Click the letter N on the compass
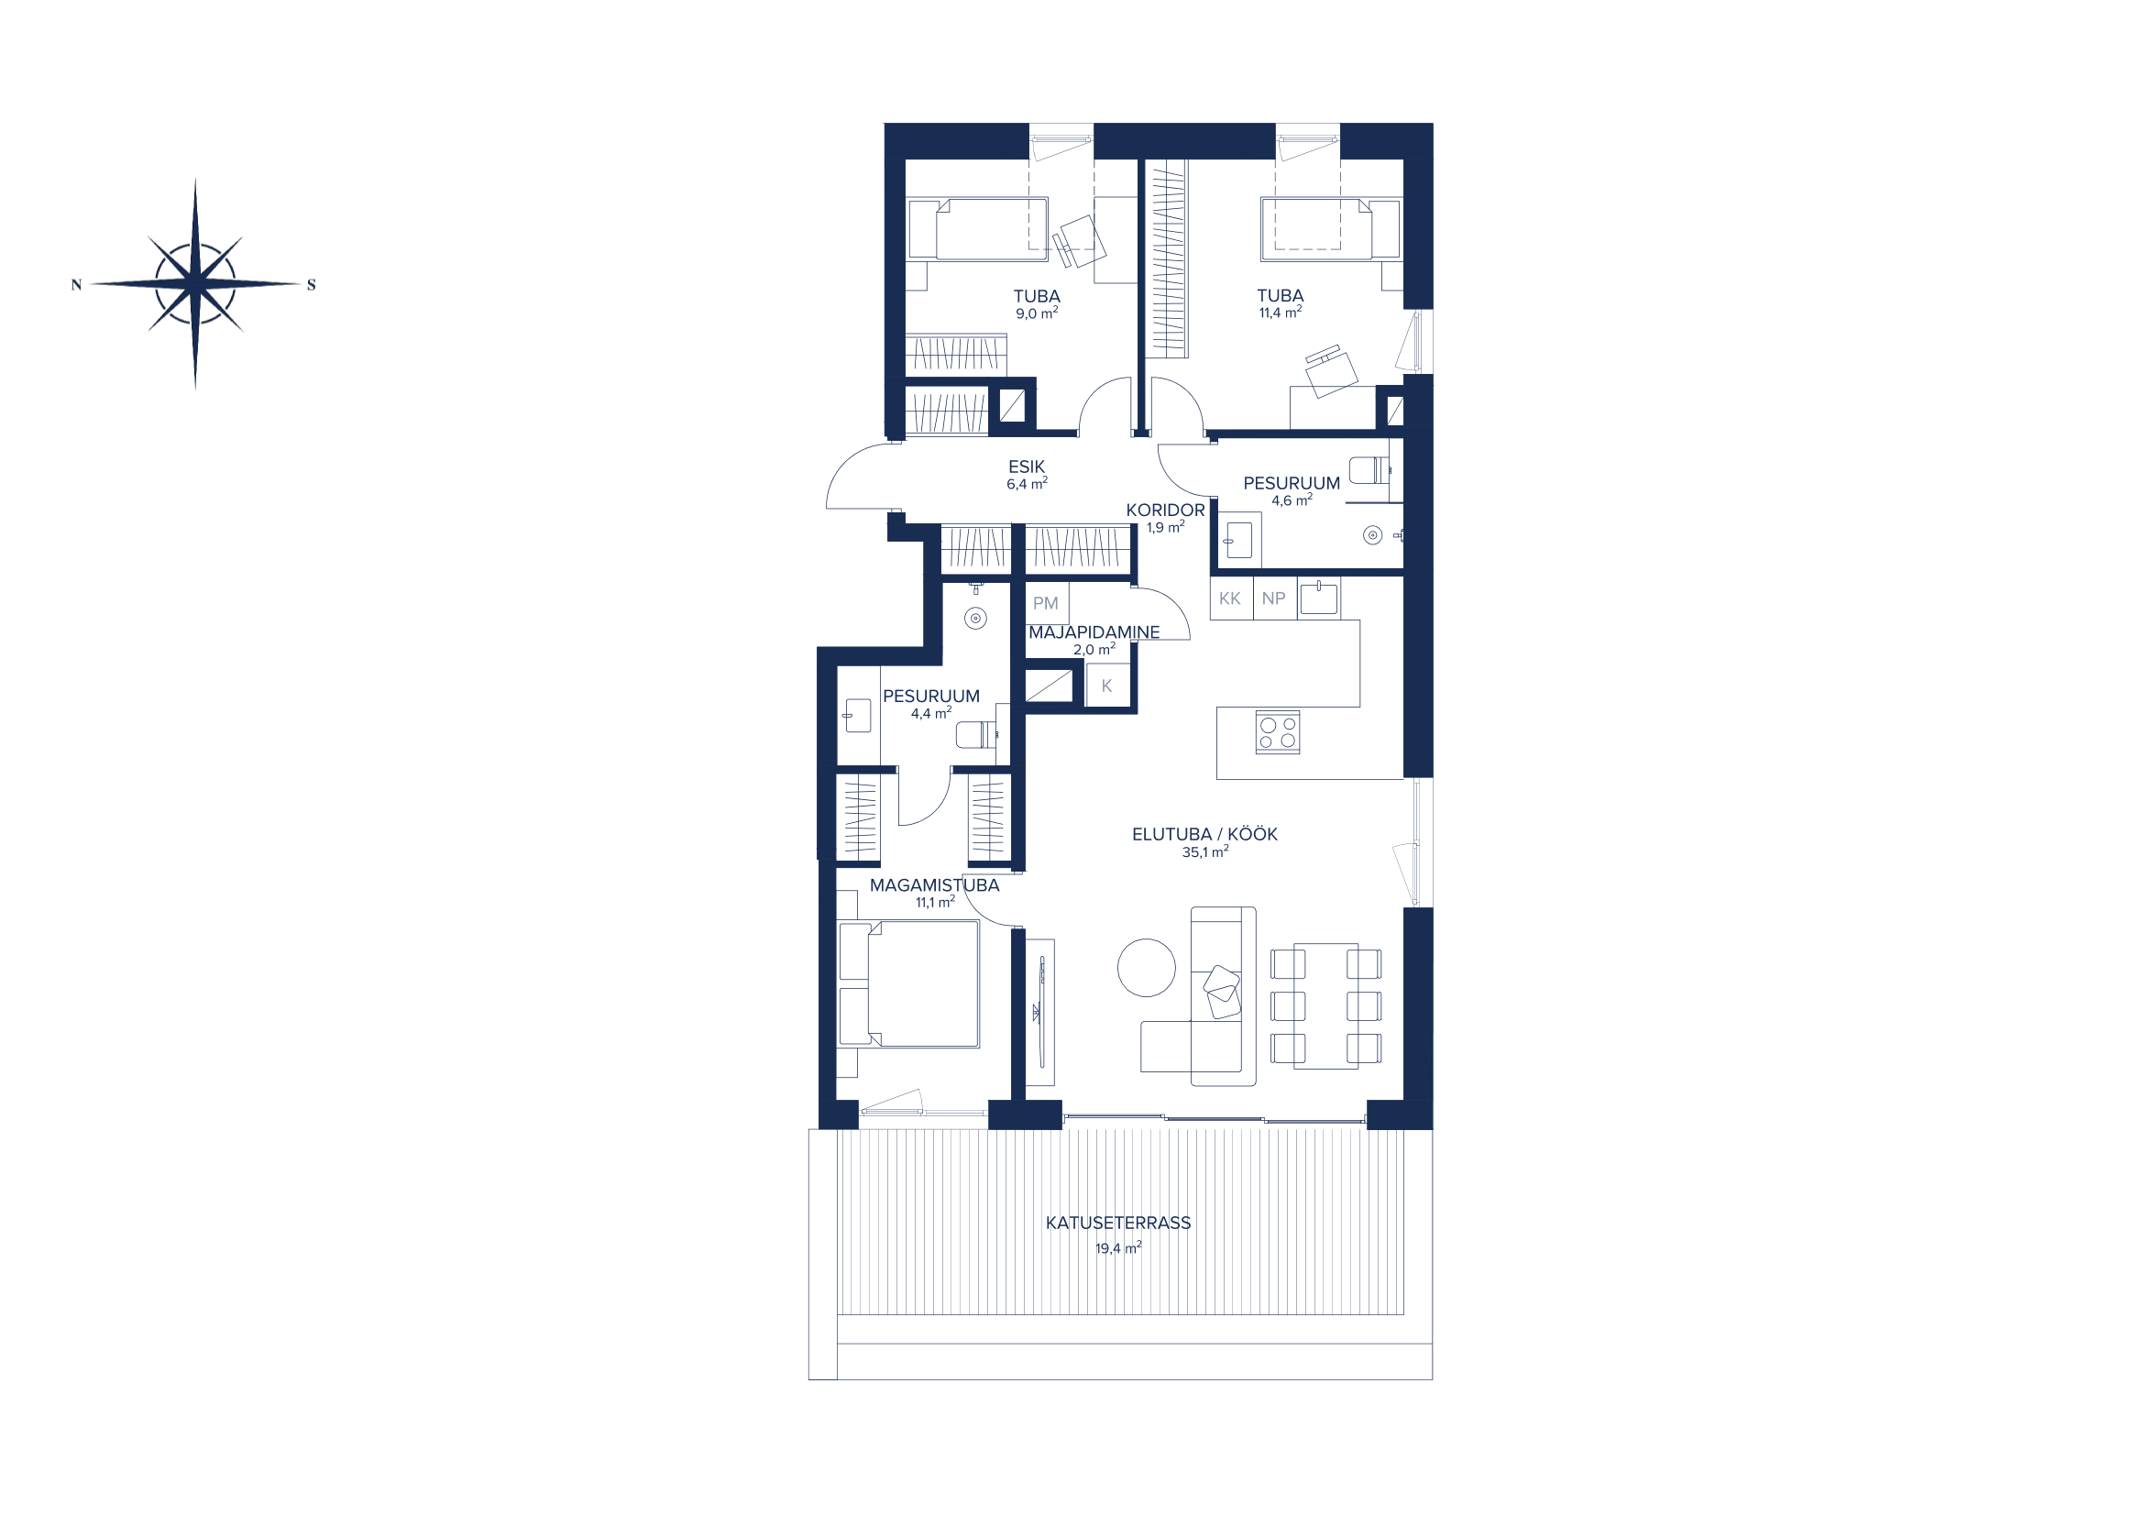[x=77, y=285]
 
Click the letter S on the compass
[x=312, y=285]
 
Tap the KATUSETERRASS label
[x=1117, y=1223]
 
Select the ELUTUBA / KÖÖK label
[x=1204, y=835]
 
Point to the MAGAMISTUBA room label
[x=935, y=885]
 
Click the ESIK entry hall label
[x=1027, y=467]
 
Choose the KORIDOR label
[x=1165, y=510]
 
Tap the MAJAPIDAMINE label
[x=1094, y=632]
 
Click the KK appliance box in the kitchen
[x=1231, y=598]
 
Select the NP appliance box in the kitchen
[x=1274, y=598]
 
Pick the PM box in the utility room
[x=1046, y=603]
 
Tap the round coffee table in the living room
[x=1147, y=968]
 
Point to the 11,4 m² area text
[x=1281, y=313]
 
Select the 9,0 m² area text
[x=1037, y=313]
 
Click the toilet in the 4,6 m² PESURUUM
[x=1370, y=470]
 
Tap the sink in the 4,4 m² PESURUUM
[x=857, y=716]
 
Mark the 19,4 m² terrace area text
[x=1117, y=1248]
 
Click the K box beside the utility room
[x=1107, y=686]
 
